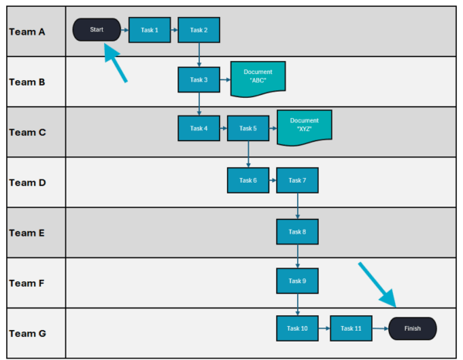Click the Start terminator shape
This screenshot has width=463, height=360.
(96, 30)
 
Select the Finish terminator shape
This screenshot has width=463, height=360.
(413, 328)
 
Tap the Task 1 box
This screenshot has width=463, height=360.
(149, 30)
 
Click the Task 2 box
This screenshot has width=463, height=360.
(198, 30)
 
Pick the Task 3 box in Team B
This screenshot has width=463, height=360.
(198, 79)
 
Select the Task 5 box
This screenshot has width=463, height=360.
(248, 129)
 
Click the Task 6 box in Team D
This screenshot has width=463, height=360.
(248, 180)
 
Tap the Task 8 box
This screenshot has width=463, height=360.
(297, 231)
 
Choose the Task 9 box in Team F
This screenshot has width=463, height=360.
(297, 281)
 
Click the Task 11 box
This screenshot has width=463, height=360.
(351, 328)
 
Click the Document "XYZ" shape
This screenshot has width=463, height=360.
(304, 126)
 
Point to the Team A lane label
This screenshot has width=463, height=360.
(27, 32)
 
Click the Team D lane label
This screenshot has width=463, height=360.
(27, 183)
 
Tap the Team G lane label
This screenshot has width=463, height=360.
(27, 334)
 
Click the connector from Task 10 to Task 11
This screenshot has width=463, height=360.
(324, 328)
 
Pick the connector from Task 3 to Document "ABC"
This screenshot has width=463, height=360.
(225, 79)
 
